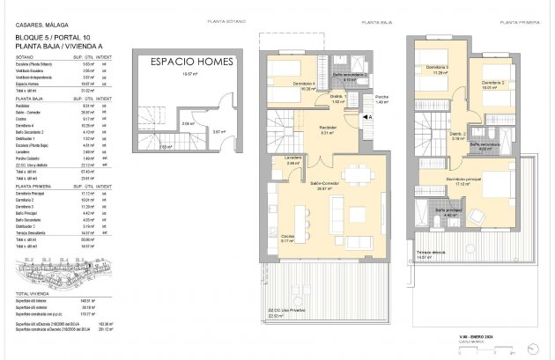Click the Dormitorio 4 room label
(x=296, y=84)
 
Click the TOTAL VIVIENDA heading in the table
(x=35, y=291)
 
